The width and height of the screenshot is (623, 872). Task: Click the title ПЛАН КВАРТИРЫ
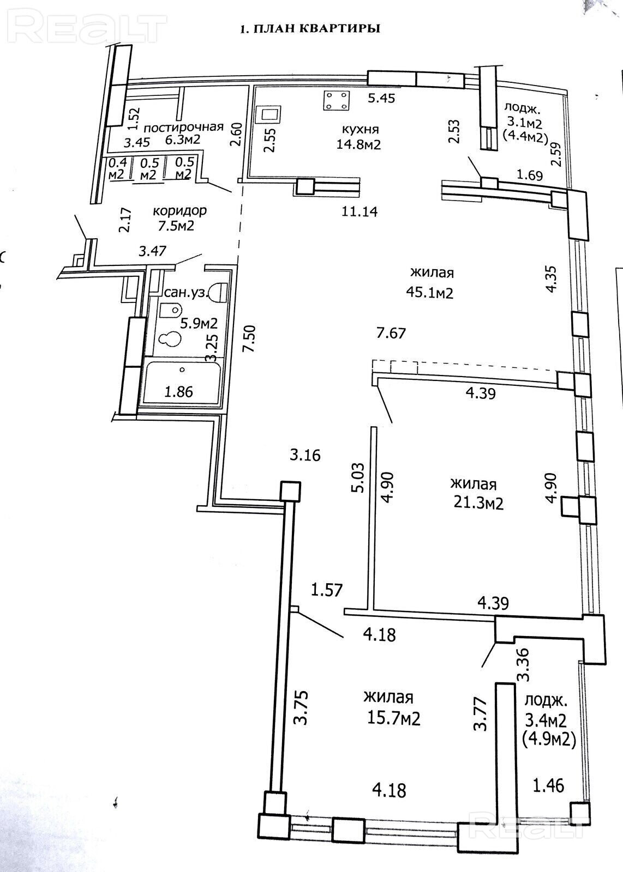[310, 28]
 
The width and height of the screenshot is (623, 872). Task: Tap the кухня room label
[360, 130]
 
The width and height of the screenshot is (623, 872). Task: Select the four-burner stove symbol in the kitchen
[337, 100]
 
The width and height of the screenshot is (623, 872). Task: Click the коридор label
[180, 210]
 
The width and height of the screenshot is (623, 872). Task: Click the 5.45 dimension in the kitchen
[381, 99]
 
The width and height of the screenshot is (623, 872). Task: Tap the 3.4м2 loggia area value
[546, 720]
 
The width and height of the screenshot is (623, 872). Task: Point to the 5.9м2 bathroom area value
[199, 323]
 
